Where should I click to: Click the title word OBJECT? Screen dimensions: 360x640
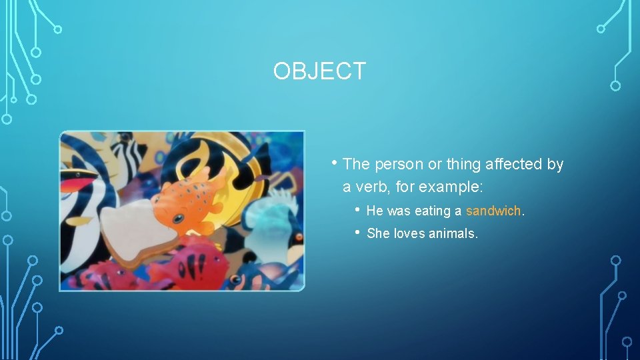click(319, 71)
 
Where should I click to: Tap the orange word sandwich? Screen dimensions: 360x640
click(493, 211)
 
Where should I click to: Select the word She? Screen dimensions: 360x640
click(378, 234)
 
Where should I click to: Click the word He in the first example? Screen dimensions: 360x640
click(375, 211)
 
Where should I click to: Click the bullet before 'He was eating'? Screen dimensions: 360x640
click(358, 209)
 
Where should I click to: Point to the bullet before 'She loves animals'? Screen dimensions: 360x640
click(358, 232)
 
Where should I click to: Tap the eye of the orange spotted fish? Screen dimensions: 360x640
click(178, 217)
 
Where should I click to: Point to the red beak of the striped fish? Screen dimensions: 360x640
click(79, 179)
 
